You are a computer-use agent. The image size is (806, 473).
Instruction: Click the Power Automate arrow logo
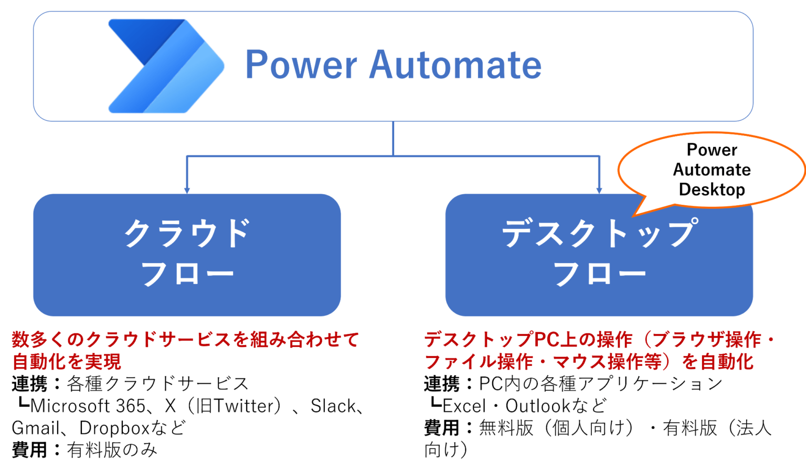point(165,66)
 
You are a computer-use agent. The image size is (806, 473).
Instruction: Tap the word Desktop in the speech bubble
point(712,189)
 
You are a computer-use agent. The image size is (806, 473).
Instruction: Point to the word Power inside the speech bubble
point(712,150)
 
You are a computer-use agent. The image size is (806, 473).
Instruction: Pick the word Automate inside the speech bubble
point(712,170)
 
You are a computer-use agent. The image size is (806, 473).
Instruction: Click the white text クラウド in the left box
point(186,233)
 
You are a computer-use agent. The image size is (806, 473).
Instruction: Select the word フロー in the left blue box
point(186,274)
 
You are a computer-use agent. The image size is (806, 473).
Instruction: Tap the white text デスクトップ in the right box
point(599,233)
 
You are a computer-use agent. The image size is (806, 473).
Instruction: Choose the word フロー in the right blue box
point(599,274)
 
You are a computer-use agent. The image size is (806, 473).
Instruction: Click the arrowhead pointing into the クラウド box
point(187,190)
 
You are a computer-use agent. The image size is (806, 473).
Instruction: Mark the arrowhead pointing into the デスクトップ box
point(599,190)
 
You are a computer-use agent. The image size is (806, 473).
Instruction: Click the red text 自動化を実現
point(67,362)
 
